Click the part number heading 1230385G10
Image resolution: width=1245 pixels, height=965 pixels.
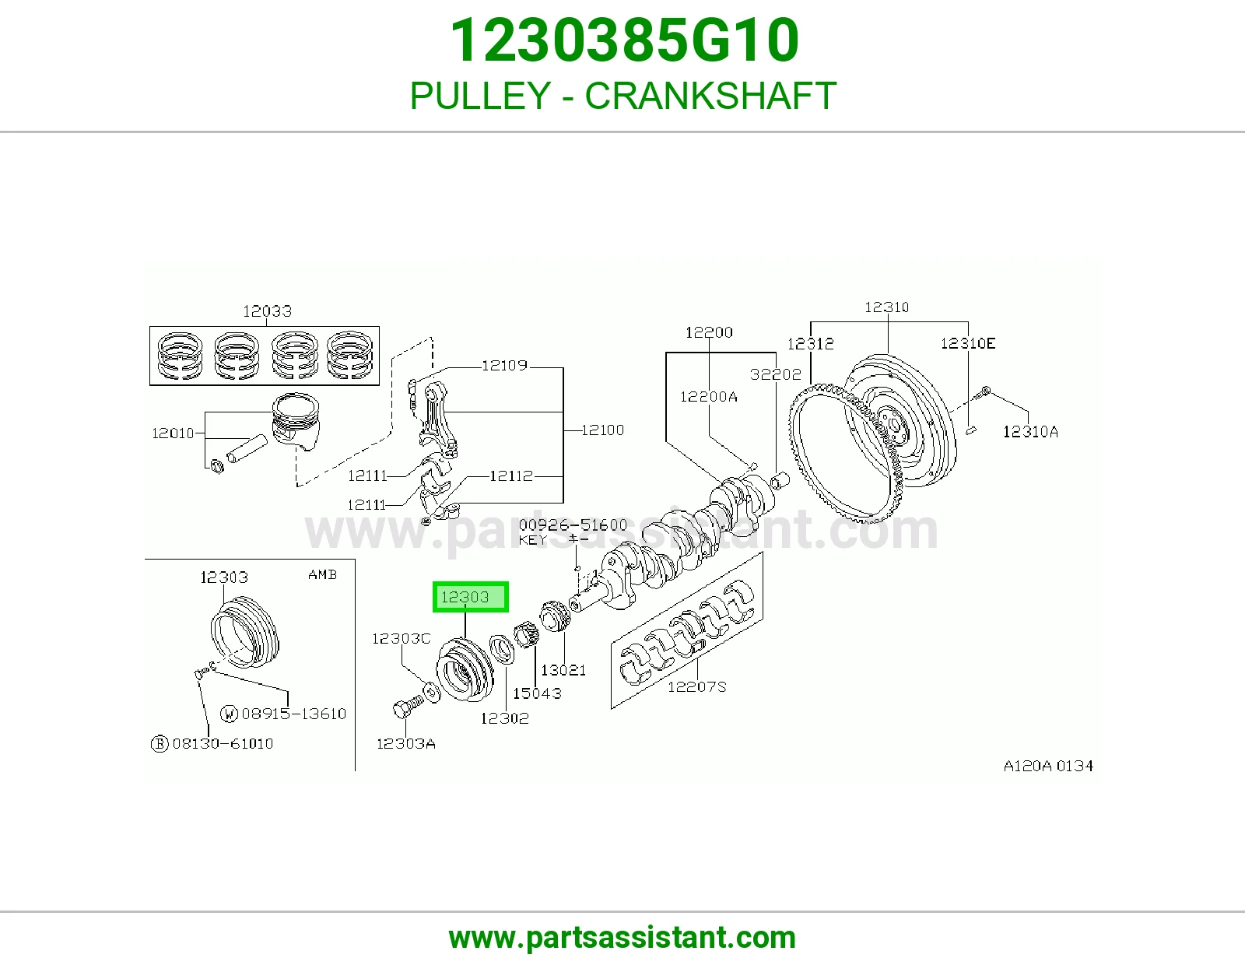624,40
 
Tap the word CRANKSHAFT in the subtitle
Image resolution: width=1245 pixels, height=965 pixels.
710,96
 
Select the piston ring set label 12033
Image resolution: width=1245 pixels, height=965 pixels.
267,311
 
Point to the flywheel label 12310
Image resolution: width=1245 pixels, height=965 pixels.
886,307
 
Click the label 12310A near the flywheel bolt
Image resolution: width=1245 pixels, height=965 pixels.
1030,432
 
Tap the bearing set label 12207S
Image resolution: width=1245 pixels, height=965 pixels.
696,686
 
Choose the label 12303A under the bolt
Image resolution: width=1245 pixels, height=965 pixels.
405,744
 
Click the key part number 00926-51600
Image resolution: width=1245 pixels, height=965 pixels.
573,525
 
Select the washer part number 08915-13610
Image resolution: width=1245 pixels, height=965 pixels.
294,714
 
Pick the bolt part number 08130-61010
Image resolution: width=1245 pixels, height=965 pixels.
223,744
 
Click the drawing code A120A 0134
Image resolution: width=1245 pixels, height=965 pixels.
1048,766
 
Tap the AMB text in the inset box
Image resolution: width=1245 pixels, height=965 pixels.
323,575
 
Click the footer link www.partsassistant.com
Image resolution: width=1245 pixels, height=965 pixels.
622,938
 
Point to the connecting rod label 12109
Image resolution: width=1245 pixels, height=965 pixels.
504,366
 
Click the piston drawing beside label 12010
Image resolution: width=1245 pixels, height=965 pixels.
296,421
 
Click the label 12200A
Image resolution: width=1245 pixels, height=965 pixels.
708,397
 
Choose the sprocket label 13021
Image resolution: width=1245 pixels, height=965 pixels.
563,671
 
